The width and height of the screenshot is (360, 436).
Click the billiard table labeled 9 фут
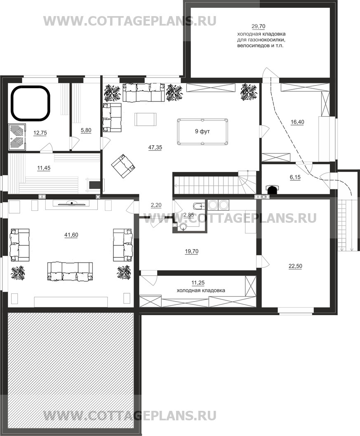point(202,132)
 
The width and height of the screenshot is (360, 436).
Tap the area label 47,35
point(155,148)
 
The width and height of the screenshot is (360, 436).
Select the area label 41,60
point(71,235)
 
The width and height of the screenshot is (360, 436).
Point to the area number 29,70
point(259,26)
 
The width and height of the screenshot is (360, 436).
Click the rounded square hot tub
point(31,104)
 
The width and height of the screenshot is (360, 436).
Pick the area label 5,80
point(86,130)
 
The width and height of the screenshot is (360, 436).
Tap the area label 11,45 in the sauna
point(44,168)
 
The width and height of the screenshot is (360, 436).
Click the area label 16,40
point(297,122)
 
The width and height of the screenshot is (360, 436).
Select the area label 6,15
point(295,177)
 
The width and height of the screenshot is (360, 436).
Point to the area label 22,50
point(295,266)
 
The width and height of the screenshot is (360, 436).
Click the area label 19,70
point(191,251)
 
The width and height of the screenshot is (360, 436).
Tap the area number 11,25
point(198,283)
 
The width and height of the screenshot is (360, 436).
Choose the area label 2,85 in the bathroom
point(189,214)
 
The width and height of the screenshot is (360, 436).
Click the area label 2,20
point(156,205)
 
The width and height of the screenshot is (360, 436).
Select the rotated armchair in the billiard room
point(123,166)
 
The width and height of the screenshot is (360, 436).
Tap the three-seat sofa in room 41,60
point(70,271)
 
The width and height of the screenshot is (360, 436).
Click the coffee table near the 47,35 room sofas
point(146,119)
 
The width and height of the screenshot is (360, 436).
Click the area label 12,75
point(40,133)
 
